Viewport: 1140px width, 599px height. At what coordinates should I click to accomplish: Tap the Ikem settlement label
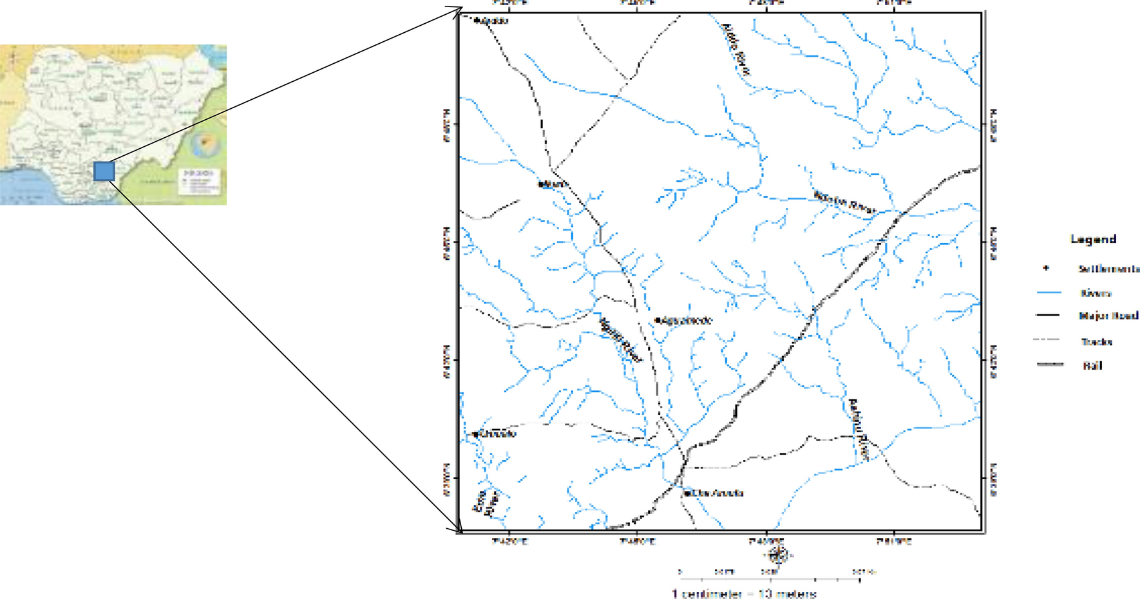555,184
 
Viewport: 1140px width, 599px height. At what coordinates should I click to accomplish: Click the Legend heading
1093,239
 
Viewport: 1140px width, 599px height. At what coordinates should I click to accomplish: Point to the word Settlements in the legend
1108,269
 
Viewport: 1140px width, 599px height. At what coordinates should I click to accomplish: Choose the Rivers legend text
1096,293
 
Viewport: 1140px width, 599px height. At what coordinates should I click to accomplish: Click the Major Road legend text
1108,316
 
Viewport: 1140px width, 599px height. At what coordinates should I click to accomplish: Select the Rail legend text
1092,365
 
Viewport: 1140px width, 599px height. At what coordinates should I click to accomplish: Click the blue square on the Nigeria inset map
104,171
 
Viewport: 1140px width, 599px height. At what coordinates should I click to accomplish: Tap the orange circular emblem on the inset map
205,143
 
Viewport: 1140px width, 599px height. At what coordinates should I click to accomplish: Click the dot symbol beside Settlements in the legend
1046,268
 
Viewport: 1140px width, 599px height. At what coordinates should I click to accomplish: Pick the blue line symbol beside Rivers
1049,293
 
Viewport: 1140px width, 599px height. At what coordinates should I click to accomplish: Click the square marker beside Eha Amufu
688,493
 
